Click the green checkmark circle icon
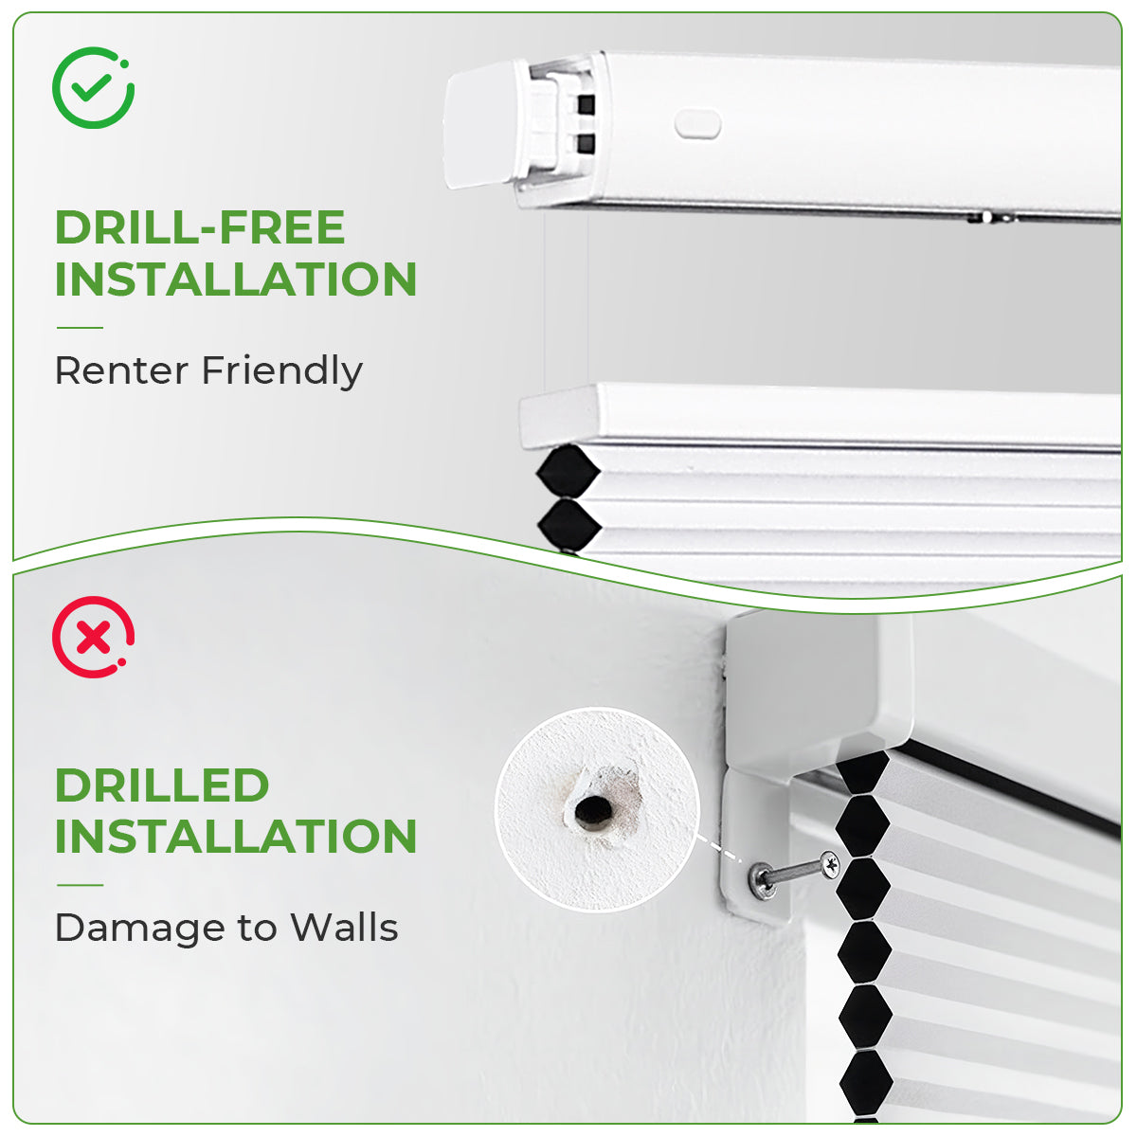tap(93, 88)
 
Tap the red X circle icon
tap(93, 637)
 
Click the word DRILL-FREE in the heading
tap(200, 228)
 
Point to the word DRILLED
tap(162, 785)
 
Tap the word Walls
tap(344, 928)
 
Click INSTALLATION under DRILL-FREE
tap(236, 280)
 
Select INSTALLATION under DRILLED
tap(236, 837)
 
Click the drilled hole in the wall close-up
tap(594, 812)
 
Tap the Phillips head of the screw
tap(830, 863)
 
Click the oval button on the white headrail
tap(697, 124)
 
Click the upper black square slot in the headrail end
tap(586, 104)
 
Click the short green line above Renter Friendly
tap(80, 328)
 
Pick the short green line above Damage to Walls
tap(80, 885)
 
